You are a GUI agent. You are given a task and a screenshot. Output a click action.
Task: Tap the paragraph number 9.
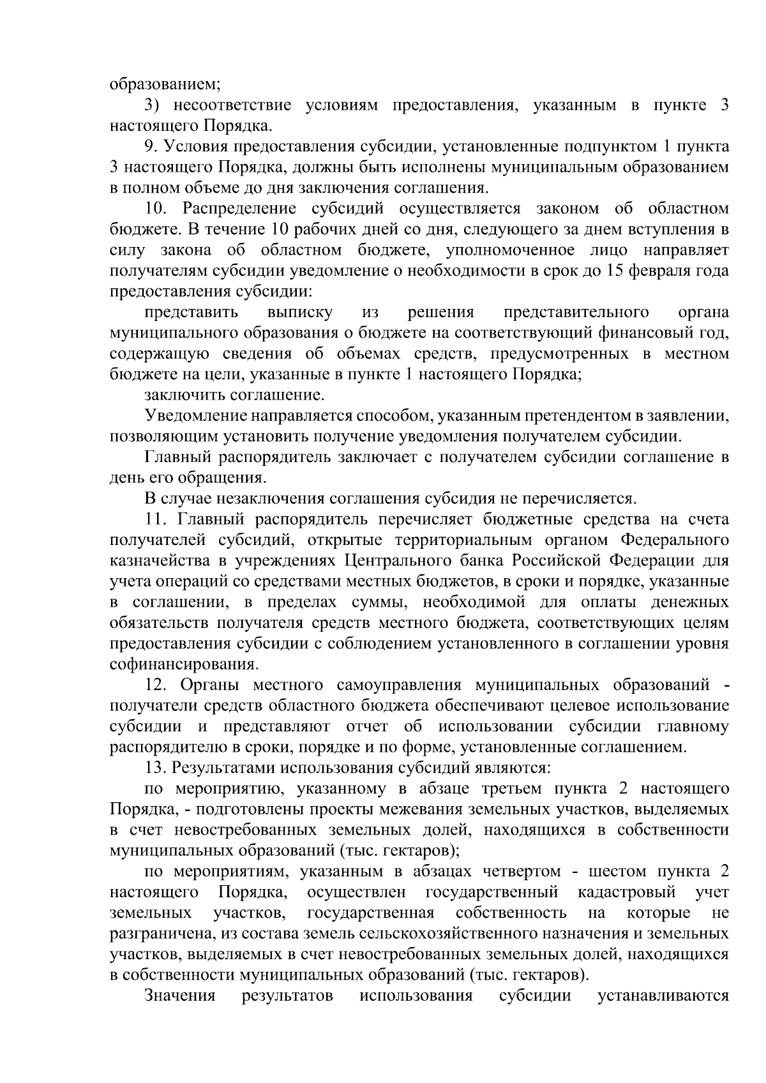150,147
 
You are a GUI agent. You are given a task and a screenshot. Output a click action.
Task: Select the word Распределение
239,209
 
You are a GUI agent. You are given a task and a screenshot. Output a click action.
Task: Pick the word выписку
300,312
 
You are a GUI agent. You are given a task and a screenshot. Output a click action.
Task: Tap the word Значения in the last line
181,996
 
